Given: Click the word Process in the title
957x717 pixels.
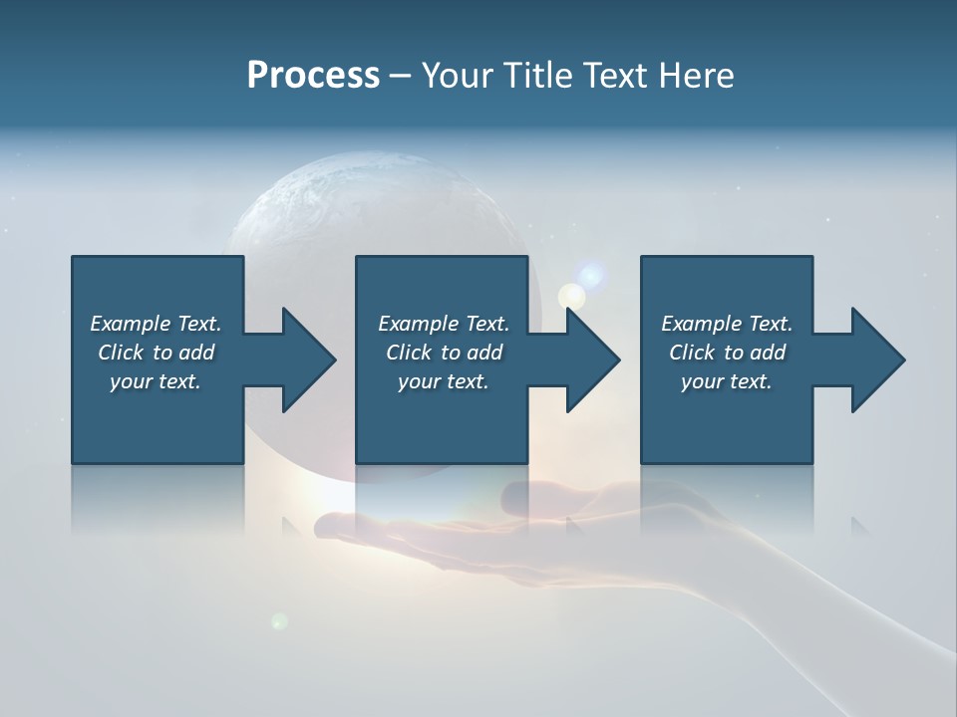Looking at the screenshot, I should [313, 76].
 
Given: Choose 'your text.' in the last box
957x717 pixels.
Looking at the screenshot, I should [726, 381].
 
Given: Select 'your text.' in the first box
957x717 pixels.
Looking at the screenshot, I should [156, 381].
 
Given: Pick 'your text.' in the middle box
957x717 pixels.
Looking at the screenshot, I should [443, 381].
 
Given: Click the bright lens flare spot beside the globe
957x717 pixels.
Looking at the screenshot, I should [571, 295].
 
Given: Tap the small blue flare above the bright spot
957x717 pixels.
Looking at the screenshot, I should [592, 274].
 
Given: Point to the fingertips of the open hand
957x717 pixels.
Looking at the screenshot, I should [329, 524].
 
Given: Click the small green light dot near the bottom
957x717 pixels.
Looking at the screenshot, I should [280, 621].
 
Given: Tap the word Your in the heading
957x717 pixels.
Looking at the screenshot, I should [458, 76].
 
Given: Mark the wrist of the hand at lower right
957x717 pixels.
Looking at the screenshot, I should [847, 637].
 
